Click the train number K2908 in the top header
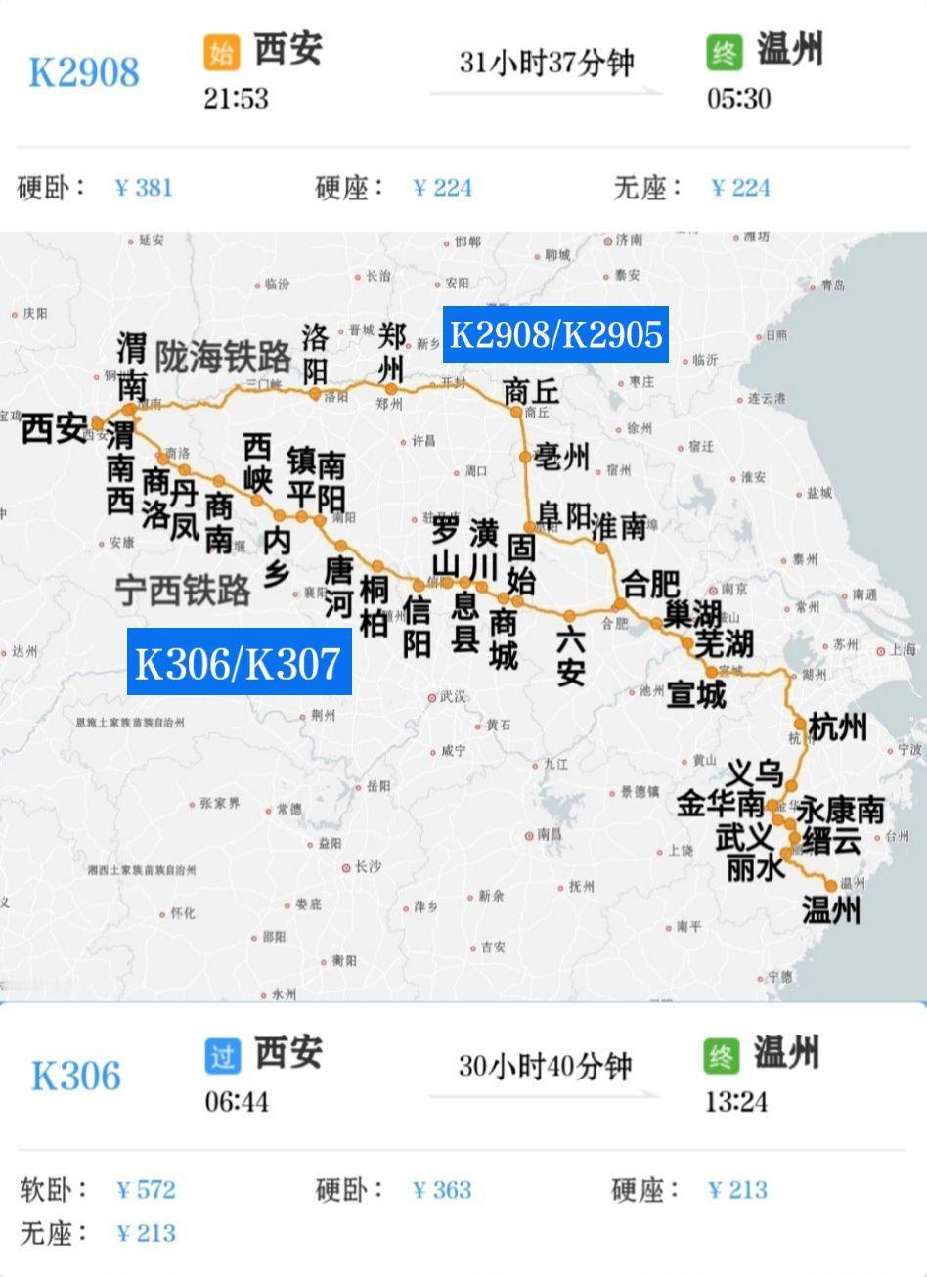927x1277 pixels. coord(84,72)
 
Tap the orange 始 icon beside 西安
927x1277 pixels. coord(221,52)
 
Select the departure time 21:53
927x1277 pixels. coord(236,98)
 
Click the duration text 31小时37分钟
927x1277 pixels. coord(547,63)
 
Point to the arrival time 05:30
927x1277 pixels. coord(738,98)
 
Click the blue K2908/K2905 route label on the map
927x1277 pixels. coord(555,334)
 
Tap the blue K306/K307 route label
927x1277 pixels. coord(239,663)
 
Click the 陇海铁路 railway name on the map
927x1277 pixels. coord(224,357)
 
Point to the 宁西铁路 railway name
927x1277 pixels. coord(183,590)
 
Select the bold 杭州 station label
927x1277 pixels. coord(838,727)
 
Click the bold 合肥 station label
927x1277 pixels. coord(650,584)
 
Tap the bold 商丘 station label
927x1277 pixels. coord(531,391)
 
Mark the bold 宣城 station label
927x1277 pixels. coord(696,694)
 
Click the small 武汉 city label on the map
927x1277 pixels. coord(453,697)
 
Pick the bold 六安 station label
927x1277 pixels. coord(570,657)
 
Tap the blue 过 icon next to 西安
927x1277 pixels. coord(222,1056)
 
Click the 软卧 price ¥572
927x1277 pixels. coord(146,1189)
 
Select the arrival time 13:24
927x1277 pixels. coord(735,1102)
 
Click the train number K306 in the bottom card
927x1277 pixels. coord(76,1076)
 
